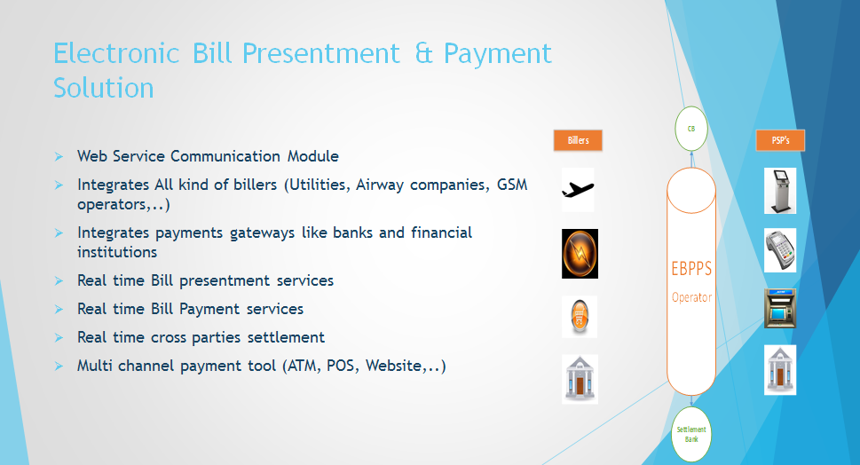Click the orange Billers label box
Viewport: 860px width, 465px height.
pos(578,140)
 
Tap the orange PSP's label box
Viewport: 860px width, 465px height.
pos(780,140)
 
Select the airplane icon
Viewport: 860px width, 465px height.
pos(578,190)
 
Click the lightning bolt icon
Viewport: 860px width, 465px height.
pos(580,254)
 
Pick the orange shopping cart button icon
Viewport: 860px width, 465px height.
pos(580,317)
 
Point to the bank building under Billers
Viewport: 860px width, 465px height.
pos(580,380)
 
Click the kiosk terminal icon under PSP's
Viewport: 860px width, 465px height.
pos(780,191)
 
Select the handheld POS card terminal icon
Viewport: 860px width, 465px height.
pos(780,250)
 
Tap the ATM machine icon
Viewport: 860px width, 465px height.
pos(780,308)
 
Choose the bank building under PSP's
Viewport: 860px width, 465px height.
pos(780,370)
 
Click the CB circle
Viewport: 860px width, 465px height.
pos(691,129)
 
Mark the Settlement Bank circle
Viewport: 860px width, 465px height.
pos(691,434)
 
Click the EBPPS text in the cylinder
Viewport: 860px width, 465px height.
pos(691,269)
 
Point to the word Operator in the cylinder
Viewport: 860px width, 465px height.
pos(691,297)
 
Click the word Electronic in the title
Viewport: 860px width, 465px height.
pos(116,54)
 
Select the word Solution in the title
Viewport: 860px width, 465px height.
pos(104,88)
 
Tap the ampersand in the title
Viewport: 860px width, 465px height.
pos(423,54)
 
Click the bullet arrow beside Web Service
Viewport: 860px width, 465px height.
pos(59,157)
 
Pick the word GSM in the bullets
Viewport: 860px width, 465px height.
pos(512,185)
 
